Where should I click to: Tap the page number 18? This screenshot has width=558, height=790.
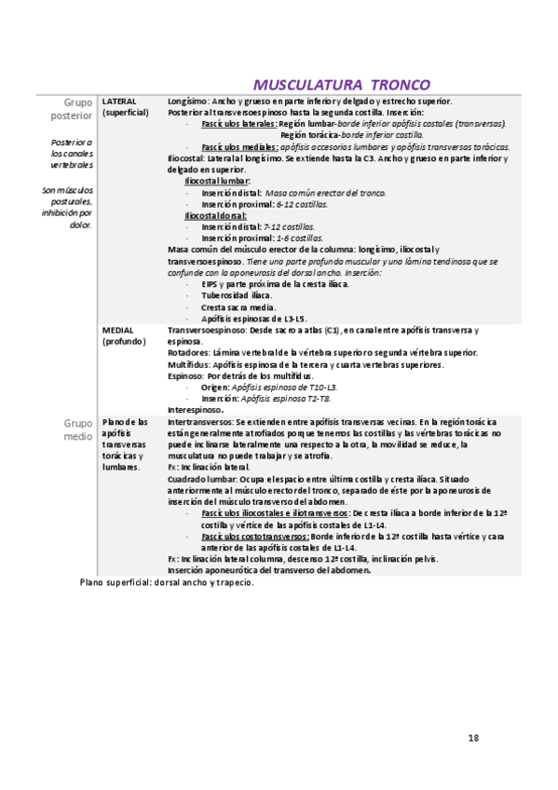(473, 738)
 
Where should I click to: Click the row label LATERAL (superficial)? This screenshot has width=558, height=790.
(125, 106)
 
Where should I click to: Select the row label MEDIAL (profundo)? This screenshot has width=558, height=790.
(125, 335)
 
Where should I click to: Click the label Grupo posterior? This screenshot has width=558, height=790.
(72, 108)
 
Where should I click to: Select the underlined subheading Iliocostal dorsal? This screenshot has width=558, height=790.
(216, 215)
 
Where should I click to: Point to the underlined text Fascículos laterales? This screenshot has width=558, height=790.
(238, 123)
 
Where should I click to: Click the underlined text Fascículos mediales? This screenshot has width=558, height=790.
(239, 146)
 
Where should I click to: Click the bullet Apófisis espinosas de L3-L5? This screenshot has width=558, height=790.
(253, 318)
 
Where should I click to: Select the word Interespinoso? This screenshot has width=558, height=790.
(195, 409)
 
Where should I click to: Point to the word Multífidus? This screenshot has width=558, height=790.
(189, 364)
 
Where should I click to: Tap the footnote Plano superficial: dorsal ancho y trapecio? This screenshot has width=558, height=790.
(167, 582)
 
